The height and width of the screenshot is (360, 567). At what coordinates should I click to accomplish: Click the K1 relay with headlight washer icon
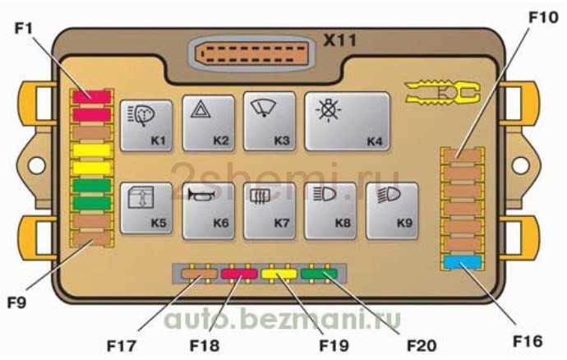(146, 125)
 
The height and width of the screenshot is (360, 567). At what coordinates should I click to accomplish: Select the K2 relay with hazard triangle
(208, 123)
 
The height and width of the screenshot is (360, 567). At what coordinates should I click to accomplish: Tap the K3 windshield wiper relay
(270, 121)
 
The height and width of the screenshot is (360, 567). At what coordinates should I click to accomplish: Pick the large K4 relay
(347, 121)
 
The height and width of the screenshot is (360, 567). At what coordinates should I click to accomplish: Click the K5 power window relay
(146, 209)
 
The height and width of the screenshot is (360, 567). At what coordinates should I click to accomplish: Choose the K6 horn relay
(208, 210)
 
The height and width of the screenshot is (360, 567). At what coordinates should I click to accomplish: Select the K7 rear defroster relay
(270, 210)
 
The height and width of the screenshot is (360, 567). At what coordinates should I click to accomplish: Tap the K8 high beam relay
(330, 210)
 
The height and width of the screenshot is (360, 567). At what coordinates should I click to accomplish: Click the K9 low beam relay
(392, 210)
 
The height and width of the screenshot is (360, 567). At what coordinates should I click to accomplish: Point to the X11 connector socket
(252, 53)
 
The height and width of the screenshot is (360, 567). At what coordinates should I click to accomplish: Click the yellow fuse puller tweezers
(442, 93)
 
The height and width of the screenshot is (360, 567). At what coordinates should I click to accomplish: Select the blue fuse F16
(463, 262)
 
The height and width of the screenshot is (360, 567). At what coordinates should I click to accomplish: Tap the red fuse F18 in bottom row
(239, 274)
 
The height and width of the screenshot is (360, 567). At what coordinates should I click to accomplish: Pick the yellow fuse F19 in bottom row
(279, 274)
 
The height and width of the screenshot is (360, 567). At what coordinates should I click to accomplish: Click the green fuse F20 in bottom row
(320, 274)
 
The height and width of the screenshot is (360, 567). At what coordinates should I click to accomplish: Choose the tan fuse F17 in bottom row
(199, 274)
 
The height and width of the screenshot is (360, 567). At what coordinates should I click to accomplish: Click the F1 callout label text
(24, 28)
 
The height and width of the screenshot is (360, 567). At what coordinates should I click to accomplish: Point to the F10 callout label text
(543, 17)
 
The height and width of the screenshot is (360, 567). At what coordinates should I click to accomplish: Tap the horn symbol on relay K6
(201, 195)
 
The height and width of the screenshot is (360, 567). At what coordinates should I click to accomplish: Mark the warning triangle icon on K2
(201, 109)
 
